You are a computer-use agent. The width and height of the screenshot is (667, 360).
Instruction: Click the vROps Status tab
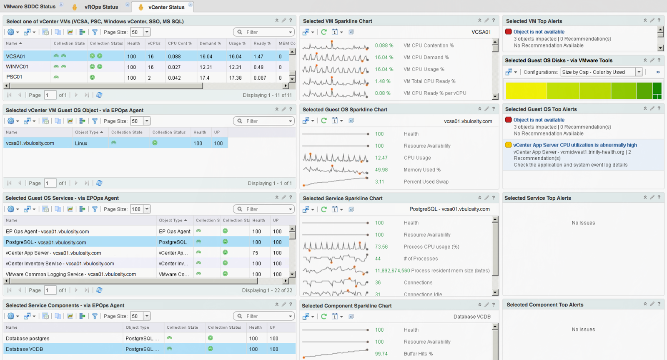click(x=101, y=7)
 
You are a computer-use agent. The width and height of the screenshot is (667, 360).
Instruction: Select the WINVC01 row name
click(x=17, y=67)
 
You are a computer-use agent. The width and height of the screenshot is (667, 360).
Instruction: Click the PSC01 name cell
click(x=14, y=77)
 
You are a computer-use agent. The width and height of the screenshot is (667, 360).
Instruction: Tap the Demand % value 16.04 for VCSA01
click(x=206, y=56)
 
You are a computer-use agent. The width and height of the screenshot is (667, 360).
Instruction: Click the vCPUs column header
click(x=154, y=43)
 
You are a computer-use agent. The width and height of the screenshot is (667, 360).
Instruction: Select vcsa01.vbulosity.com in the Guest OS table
click(x=30, y=143)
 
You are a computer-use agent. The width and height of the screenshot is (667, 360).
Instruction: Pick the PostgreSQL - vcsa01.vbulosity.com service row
click(x=46, y=242)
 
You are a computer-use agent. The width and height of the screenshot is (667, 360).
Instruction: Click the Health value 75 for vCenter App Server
click(x=255, y=253)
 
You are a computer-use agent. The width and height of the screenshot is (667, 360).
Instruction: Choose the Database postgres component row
click(x=28, y=338)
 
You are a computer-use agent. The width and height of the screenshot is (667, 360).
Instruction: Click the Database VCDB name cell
click(x=24, y=349)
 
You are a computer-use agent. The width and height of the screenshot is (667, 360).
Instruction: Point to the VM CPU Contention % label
click(x=429, y=45)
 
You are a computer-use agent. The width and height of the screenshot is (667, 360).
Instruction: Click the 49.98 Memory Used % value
click(x=381, y=170)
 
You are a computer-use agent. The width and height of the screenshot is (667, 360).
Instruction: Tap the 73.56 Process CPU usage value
click(x=381, y=247)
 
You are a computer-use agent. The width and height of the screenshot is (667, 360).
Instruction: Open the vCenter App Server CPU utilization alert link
click(x=575, y=145)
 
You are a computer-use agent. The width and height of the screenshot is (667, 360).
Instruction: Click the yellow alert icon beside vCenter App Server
click(x=508, y=145)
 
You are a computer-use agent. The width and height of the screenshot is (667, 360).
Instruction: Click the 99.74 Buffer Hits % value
click(x=381, y=354)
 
